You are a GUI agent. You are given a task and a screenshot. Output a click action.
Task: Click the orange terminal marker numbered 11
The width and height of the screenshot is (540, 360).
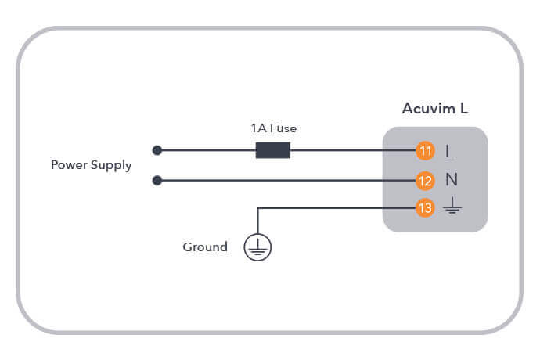425,151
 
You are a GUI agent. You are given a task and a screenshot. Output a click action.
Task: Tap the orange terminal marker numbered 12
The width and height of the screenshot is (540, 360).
425,181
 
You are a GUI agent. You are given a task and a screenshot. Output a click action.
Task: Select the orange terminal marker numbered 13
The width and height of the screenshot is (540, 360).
425,209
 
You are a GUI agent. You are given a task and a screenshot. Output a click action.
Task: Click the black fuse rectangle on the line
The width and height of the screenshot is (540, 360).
272,150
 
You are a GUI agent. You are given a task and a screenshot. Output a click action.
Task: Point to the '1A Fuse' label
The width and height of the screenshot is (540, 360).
273,128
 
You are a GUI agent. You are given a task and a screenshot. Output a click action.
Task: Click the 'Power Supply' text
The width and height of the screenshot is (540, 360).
91,165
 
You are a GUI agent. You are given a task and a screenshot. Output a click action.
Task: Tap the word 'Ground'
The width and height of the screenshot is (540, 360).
205,247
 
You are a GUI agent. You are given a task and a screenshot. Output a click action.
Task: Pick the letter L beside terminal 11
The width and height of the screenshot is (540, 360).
449,151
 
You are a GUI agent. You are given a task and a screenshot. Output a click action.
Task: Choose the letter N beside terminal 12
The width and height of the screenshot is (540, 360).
451,180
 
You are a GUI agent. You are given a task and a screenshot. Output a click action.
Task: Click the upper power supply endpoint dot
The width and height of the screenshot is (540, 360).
157,150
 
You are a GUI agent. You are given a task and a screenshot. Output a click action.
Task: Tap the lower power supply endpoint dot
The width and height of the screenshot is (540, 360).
157,181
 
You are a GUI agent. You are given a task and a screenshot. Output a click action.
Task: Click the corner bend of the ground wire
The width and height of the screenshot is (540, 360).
257,209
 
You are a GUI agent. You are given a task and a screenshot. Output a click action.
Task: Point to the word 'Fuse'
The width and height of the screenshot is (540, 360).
283,128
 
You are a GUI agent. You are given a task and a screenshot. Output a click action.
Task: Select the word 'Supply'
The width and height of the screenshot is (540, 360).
112,166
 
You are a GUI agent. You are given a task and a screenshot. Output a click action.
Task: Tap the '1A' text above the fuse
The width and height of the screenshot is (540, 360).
257,128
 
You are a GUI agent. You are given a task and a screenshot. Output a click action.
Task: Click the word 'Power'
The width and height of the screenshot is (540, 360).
69,165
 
